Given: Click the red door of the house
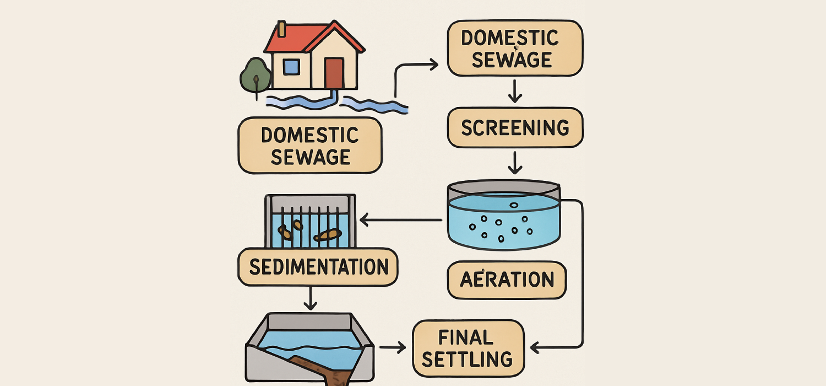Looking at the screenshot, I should point(334,73).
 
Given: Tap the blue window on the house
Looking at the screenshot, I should point(291,67).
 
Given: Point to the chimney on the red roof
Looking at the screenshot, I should point(281,29).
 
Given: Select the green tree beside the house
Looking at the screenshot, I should point(256,75).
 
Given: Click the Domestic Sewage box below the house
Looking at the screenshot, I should point(309,146).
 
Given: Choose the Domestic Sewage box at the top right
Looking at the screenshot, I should point(514,49).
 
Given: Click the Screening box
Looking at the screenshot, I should point(514,127).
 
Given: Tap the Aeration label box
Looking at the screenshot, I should point(506,280).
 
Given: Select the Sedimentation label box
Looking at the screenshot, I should point(318,266).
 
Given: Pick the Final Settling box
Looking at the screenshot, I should point(468,347).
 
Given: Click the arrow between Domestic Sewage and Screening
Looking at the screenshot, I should point(515,92).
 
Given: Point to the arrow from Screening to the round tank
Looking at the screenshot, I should point(515,163).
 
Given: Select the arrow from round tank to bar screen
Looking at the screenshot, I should point(400,221).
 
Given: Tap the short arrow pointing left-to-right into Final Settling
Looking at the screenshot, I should point(393,347).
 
